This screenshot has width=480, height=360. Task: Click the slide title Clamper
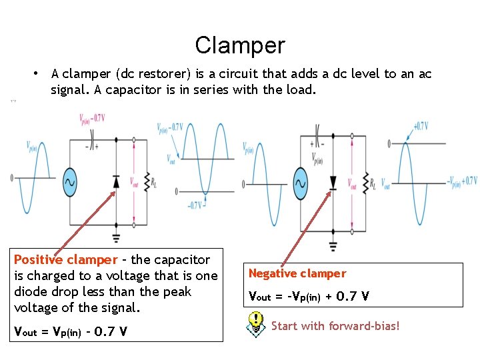(x=240, y=45)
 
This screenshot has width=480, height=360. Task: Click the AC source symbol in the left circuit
(x=69, y=181)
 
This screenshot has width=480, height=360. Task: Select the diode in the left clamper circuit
(x=116, y=181)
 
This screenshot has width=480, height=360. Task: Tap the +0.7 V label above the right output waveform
(x=420, y=125)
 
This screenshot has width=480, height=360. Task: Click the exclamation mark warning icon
(x=255, y=323)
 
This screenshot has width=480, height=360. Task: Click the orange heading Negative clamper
(x=297, y=273)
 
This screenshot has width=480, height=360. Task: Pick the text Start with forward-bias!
(x=335, y=326)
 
